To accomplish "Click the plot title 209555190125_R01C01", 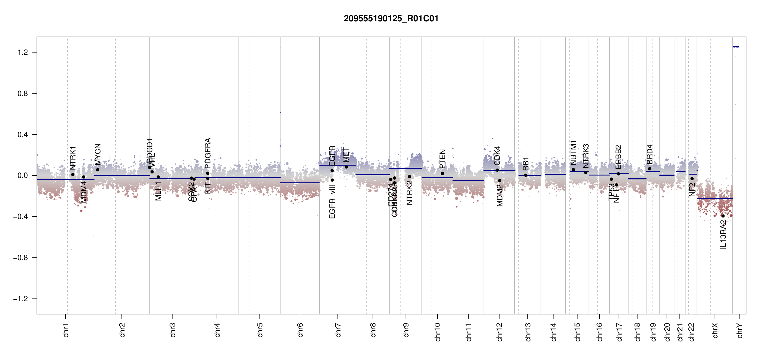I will click(x=391, y=19).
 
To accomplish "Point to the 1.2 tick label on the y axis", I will click(x=22, y=52).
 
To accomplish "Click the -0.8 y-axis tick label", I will click(x=21, y=258).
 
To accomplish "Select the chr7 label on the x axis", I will click(x=338, y=330).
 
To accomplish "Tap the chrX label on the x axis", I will click(x=715, y=330).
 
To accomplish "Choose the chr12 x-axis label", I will click(x=499, y=332).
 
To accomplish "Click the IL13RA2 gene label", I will click(x=723, y=234).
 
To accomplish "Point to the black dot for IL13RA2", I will click(x=723, y=216).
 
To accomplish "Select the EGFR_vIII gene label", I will click(x=332, y=201).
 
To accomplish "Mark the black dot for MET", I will click(x=346, y=167).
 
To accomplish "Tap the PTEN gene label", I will click(x=442, y=159).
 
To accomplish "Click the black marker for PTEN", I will click(x=442, y=173).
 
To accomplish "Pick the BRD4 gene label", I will click(x=649, y=154).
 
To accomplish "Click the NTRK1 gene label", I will click(x=73, y=158).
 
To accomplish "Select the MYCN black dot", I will click(x=97, y=170).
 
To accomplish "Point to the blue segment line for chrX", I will click(x=715, y=199).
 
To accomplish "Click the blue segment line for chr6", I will click(x=300, y=183).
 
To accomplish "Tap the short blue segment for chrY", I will click(x=736, y=46).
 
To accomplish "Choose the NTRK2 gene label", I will click(x=409, y=193).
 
